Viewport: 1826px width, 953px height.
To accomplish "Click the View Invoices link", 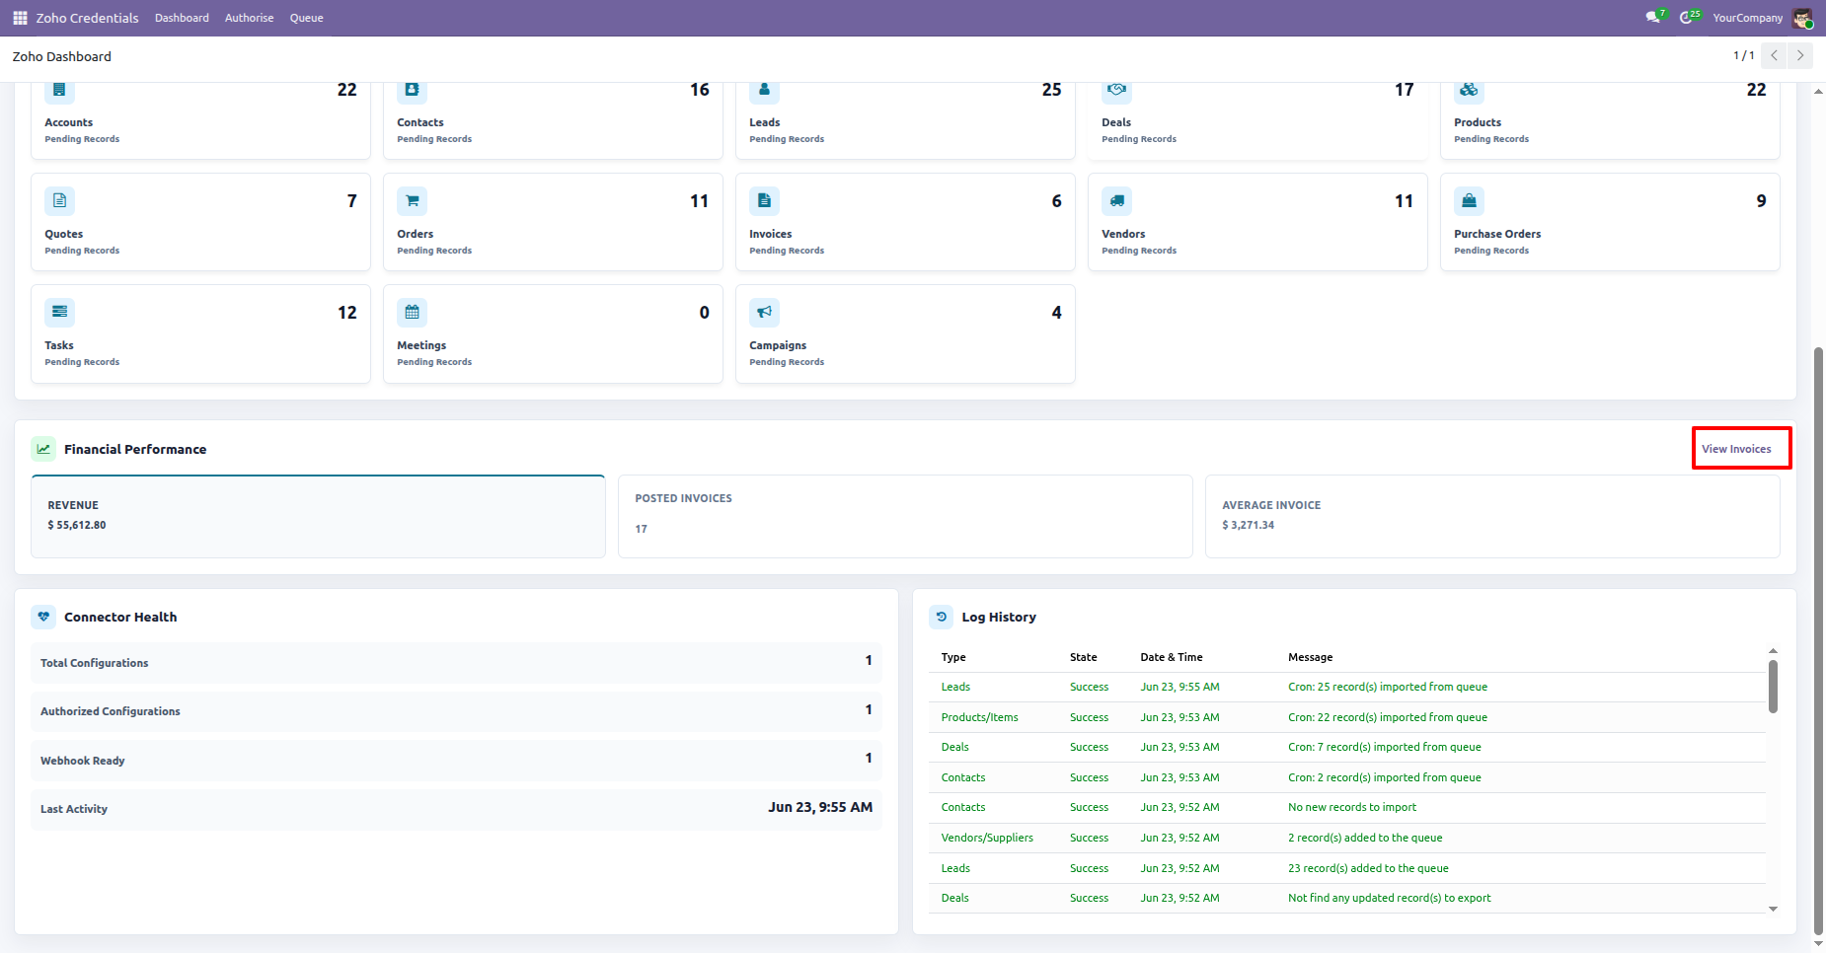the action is [1736, 449].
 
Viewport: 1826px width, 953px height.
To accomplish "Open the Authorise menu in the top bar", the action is [249, 18].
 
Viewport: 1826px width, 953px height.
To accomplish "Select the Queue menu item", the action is [306, 18].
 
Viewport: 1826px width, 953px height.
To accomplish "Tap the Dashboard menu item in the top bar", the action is [182, 18].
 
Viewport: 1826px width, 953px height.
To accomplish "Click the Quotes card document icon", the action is [59, 200].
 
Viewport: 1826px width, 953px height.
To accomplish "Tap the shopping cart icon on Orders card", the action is [412, 200].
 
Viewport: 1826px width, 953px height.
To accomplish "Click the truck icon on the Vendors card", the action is [1116, 200].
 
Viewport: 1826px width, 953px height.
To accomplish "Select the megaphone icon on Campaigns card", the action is [764, 312].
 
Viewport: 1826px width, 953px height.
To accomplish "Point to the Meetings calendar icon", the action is [412, 312].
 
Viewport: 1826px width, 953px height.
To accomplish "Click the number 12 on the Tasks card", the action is [347, 313].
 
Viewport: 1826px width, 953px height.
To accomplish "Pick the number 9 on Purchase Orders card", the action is [1761, 201].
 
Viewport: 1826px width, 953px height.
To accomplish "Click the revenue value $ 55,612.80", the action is [77, 525].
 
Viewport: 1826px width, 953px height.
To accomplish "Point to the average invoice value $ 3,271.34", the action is [1248, 525].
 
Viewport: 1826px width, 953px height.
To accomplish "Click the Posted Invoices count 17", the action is [642, 529].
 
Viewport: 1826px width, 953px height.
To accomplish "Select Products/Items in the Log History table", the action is [979, 717].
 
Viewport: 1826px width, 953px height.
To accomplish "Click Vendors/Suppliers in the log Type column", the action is [987, 838].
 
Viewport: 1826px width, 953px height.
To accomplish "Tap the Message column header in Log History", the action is [1310, 657].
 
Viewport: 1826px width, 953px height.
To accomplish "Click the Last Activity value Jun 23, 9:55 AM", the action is [820, 807].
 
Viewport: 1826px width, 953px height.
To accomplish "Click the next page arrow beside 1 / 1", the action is [1800, 55].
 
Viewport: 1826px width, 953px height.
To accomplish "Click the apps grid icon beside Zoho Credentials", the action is [20, 18].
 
